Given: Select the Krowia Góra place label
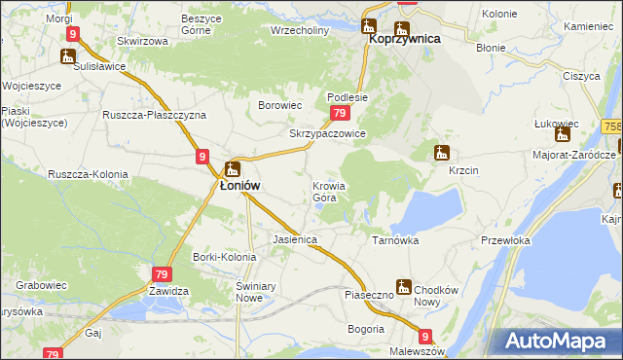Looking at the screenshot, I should pos(329,192).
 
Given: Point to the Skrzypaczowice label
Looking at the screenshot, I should pos(327,133).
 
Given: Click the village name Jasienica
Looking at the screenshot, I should pos(296,238).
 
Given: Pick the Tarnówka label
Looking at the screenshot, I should pos(395,238).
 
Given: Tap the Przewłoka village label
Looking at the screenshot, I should pos(505,240).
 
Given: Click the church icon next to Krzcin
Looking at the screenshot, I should pos(442,153).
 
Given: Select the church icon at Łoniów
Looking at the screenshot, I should pos(233,167).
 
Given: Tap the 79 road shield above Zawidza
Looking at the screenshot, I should pos(162,275).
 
